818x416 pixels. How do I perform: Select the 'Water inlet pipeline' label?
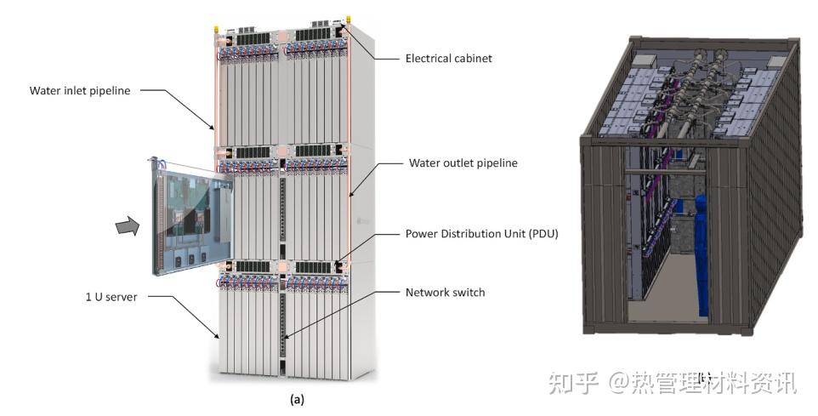(x=80, y=90)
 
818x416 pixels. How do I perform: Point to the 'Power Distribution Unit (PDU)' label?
(x=481, y=233)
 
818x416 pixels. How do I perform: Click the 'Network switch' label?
(x=445, y=292)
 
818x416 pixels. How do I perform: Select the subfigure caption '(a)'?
(x=297, y=398)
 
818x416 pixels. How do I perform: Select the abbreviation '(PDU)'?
(x=541, y=233)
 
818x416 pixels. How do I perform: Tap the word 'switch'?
(x=467, y=292)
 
